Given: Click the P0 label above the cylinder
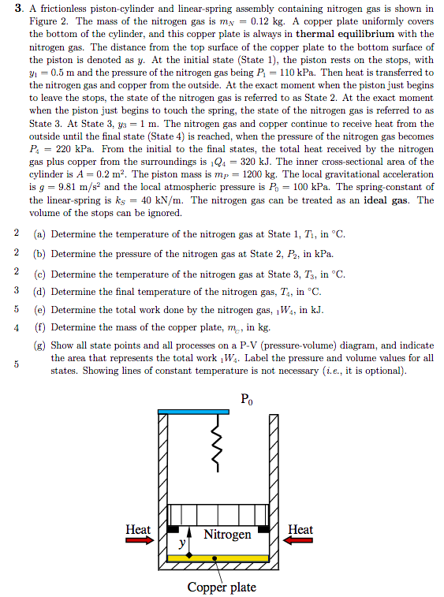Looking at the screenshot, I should pos(247,397).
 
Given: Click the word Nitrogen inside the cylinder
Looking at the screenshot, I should pos(227,535).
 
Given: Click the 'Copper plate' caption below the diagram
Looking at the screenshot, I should pos(222,587).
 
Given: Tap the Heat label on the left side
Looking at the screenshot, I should pos(138,529).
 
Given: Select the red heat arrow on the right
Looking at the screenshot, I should pos(300,542).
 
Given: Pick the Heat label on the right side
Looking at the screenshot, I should pos(300,529).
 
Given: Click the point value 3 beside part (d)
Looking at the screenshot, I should pos(17,290).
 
